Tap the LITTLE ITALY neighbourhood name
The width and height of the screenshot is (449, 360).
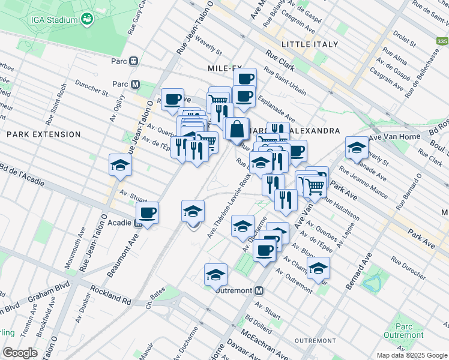(x=310, y=44)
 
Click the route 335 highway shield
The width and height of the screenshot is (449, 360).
(x=442, y=41)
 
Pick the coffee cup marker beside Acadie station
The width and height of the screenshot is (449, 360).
(x=147, y=212)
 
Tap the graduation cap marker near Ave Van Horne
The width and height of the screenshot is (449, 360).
(x=357, y=148)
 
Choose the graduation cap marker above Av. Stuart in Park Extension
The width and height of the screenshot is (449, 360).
(x=120, y=165)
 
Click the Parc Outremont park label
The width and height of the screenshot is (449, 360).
(x=413, y=331)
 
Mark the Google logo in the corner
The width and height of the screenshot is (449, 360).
(x=20, y=353)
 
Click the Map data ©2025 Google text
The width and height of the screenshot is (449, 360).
(x=411, y=355)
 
